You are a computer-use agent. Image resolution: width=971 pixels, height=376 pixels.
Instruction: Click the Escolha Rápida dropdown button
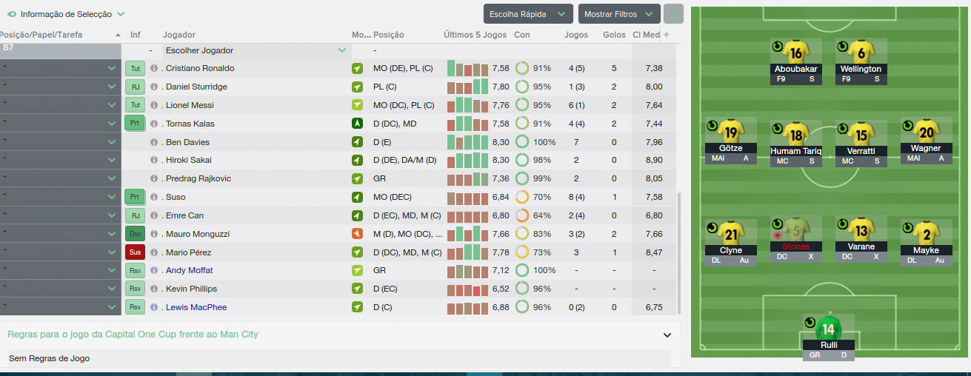pyautogui.click(x=528, y=14)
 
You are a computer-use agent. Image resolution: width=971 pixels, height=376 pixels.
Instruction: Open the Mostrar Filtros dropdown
pyautogui.click(x=619, y=14)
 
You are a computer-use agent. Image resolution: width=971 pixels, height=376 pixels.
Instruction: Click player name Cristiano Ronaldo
pyautogui.click(x=200, y=68)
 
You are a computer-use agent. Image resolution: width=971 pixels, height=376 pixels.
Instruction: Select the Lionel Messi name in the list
pyautogui.click(x=190, y=105)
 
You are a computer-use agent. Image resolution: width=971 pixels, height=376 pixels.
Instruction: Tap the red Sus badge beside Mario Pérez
pyautogui.click(x=135, y=252)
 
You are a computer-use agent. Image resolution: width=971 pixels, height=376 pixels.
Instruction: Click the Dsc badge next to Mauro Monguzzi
pyautogui.click(x=135, y=234)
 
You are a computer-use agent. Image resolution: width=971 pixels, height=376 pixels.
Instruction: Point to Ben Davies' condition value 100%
pyautogui.click(x=544, y=142)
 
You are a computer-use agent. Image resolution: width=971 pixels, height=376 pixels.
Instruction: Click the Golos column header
pyautogui.click(x=614, y=35)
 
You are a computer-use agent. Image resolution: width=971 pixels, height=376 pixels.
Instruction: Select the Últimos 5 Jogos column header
pyautogui.click(x=475, y=35)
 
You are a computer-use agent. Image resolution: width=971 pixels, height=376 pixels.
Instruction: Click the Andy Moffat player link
pyautogui.click(x=189, y=270)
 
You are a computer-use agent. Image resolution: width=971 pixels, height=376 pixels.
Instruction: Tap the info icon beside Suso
pyautogui.click(x=154, y=197)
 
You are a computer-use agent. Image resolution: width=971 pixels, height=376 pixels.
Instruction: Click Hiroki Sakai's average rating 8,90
pyautogui.click(x=654, y=160)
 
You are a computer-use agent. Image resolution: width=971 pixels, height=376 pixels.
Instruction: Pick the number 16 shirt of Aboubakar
pyautogui.click(x=796, y=53)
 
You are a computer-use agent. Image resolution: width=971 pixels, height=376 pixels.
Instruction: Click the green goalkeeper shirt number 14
pyautogui.click(x=828, y=329)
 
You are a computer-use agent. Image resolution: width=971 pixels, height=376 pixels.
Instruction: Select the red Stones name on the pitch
pyautogui.click(x=796, y=246)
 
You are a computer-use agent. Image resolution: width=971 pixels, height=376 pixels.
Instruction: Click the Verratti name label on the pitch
pyautogui.click(x=861, y=151)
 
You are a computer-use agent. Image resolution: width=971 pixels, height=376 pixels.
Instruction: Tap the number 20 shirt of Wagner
pyautogui.click(x=927, y=132)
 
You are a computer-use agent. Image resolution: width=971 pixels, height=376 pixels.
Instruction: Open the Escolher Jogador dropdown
pyautogui.click(x=256, y=50)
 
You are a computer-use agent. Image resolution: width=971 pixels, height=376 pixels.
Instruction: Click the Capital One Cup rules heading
pyautogui.click(x=133, y=335)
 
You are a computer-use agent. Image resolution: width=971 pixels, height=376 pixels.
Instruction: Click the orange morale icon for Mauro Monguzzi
pyautogui.click(x=357, y=234)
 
